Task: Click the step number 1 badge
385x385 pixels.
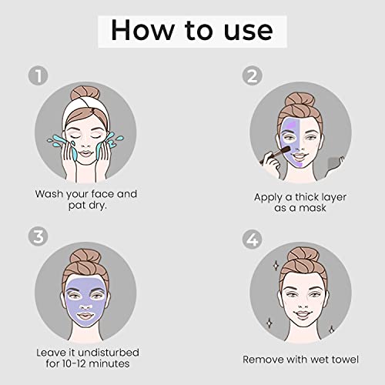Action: (x=38, y=75)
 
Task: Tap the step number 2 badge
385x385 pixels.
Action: (x=252, y=75)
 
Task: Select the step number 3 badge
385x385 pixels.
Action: (x=38, y=236)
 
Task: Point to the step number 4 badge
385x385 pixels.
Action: (x=252, y=239)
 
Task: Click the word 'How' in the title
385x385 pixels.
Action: (x=142, y=30)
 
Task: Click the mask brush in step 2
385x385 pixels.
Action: (x=275, y=154)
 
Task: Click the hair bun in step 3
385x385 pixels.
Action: (x=85, y=257)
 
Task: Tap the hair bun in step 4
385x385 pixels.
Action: (x=303, y=256)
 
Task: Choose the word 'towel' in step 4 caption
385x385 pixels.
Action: (x=345, y=360)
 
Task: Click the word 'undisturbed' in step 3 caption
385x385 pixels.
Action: (x=109, y=353)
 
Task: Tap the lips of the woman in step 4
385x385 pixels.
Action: (x=303, y=313)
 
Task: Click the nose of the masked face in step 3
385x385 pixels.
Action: (x=86, y=306)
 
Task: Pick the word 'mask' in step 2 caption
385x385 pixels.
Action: (x=313, y=208)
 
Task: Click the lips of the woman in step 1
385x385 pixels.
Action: (x=85, y=153)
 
